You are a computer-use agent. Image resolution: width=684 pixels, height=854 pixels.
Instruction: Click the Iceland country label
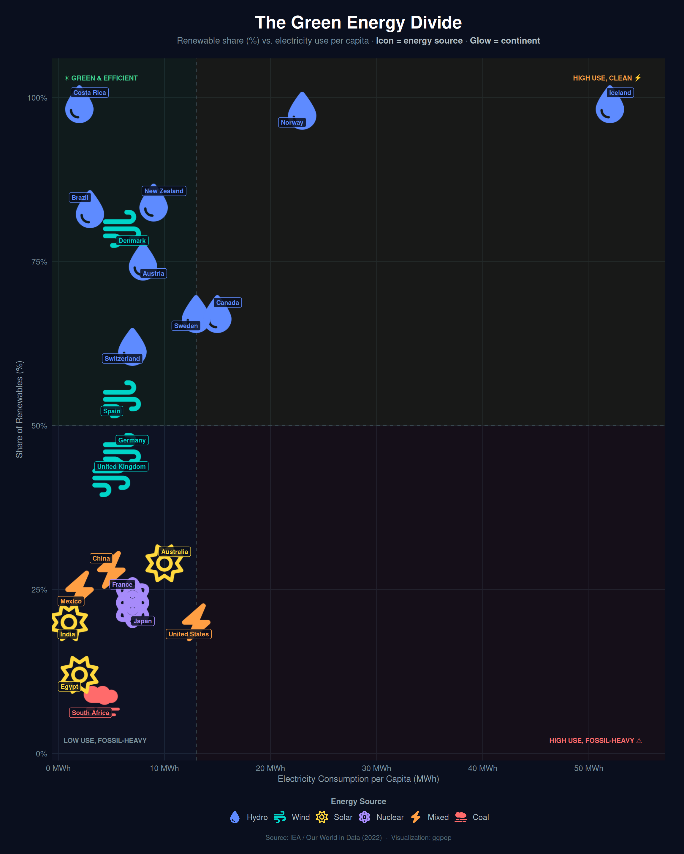(620, 93)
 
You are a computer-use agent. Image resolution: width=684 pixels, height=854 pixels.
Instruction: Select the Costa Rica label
(90, 93)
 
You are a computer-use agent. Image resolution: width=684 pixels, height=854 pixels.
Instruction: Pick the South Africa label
(91, 713)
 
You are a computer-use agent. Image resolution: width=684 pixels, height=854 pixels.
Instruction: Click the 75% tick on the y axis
(39, 262)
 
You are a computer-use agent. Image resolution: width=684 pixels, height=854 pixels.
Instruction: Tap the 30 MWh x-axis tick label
(376, 768)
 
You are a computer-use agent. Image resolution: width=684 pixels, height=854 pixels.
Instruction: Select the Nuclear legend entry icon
(364, 817)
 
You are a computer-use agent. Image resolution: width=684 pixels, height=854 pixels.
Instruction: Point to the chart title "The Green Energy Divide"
(358, 23)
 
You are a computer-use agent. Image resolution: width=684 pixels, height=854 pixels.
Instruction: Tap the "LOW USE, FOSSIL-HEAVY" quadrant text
(105, 740)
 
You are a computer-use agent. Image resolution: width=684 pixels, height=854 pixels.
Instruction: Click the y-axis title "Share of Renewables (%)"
(19, 409)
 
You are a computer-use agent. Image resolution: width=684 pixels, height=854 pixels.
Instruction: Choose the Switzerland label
(122, 359)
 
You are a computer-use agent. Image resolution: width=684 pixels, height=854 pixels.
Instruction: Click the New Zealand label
(164, 191)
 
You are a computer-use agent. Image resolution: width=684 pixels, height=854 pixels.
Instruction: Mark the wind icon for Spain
(121, 396)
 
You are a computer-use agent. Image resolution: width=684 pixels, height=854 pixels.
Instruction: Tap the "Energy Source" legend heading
(358, 801)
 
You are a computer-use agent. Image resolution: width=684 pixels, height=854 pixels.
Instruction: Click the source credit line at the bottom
(358, 837)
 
